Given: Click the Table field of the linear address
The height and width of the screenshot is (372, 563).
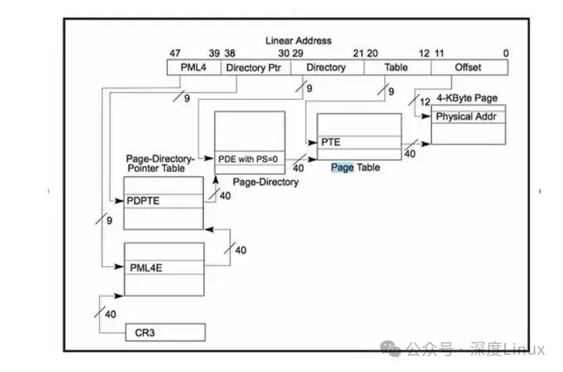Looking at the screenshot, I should (x=396, y=67).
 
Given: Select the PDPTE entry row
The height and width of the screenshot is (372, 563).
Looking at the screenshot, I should (x=163, y=200).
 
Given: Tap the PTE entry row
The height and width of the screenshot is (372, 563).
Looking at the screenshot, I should (x=358, y=142).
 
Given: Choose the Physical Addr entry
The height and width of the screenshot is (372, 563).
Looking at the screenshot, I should (x=466, y=116).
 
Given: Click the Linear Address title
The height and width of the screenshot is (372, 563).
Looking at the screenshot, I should (x=298, y=41).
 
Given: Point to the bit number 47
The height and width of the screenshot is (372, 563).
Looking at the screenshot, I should (x=175, y=53).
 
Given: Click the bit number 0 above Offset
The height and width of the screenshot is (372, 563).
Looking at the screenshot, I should (x=506, y=53).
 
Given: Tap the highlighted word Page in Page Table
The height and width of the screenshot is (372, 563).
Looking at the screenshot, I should (x=342, y=167).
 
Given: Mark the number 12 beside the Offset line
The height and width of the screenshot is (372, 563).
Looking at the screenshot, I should (x=426, y=102).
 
